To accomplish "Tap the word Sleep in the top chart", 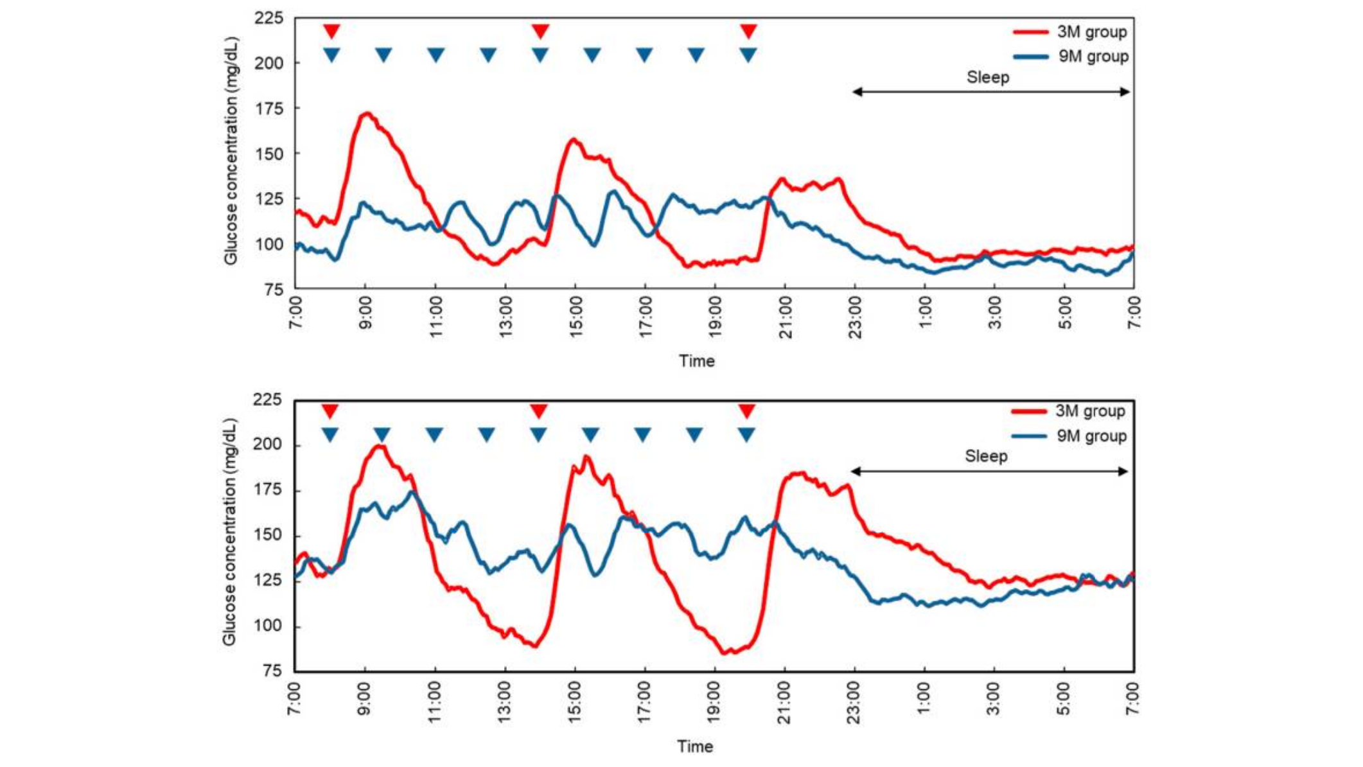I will tap(988, 78).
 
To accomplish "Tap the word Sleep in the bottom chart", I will tap(986, 457).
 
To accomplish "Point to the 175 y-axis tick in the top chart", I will tap(269, 109).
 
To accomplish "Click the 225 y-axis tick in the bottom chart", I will tap(267, 400).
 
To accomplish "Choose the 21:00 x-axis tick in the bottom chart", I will tap(784, 703).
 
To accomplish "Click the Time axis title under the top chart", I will tap(696, 361).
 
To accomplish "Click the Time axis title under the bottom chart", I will tap(694, 746).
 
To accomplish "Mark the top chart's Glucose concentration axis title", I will tap(231, 152).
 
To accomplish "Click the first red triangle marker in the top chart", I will tap(331, 31).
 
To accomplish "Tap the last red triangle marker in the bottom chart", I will tap(746, 410).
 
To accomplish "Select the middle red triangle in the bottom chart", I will tap(538, 410).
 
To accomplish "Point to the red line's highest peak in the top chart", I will tap(367, 114).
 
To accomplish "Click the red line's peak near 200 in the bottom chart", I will tap(379, 446).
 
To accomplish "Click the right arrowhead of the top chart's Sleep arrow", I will tap(1125, 92).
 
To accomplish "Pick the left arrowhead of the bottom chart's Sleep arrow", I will tap(856, 472).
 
